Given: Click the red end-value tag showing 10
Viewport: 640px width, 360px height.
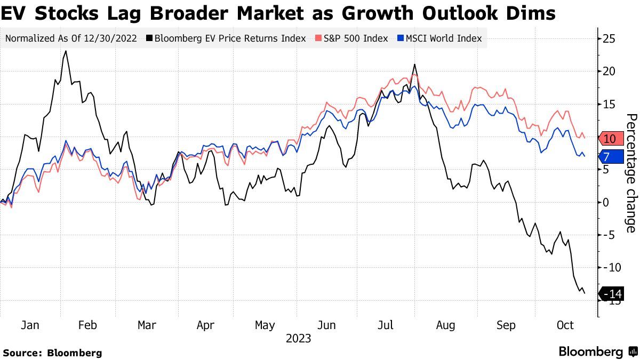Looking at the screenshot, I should pos(611,139).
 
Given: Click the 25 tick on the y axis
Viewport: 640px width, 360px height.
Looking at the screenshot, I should pos(610,38).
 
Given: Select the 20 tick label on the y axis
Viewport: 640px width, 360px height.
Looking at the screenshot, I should pos(610,71).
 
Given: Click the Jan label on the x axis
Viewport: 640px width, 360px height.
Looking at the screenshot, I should pos(31,325).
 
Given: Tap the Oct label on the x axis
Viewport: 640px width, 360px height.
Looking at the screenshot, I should pos(565,325).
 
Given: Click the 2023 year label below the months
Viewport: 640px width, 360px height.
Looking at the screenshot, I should pos(298,338).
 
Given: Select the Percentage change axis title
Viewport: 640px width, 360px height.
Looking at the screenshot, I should pos(630,173).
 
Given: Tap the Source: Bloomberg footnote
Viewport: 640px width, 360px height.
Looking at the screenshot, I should pos(52,353).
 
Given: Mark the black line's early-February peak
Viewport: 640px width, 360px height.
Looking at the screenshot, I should pos(65,51).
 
